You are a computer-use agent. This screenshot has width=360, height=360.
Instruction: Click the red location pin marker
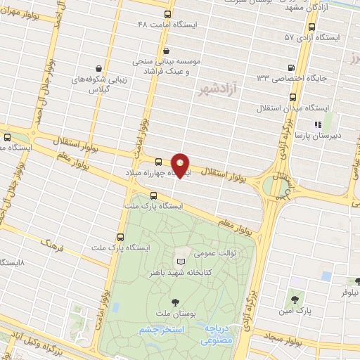tap(180, 166)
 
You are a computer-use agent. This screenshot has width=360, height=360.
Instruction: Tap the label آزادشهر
tap(214, 89)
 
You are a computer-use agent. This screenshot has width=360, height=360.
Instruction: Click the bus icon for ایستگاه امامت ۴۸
tap(167, 14)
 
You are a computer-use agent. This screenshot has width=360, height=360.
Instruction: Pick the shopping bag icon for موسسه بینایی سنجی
tap(166, 51)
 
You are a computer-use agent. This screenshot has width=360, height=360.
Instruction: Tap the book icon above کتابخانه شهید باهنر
tap(181, 262)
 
